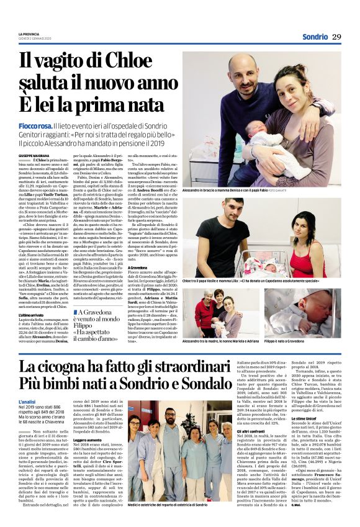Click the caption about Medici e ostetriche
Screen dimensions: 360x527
point(167,522)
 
